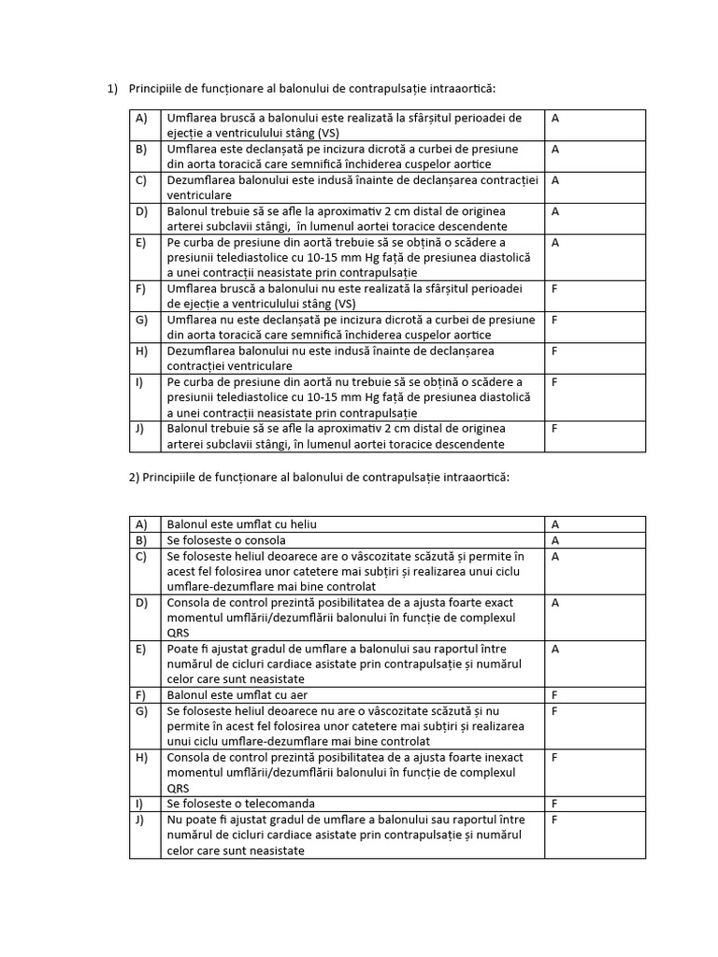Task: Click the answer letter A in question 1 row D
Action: coord(555,211)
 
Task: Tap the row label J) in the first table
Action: coord(140,429)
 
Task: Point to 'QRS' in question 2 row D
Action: coord(179,633)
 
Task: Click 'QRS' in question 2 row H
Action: coord(179,787)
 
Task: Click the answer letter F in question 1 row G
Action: coord(555,320)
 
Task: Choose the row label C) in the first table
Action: coord(141,179)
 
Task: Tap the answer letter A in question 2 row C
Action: coord(555,556)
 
